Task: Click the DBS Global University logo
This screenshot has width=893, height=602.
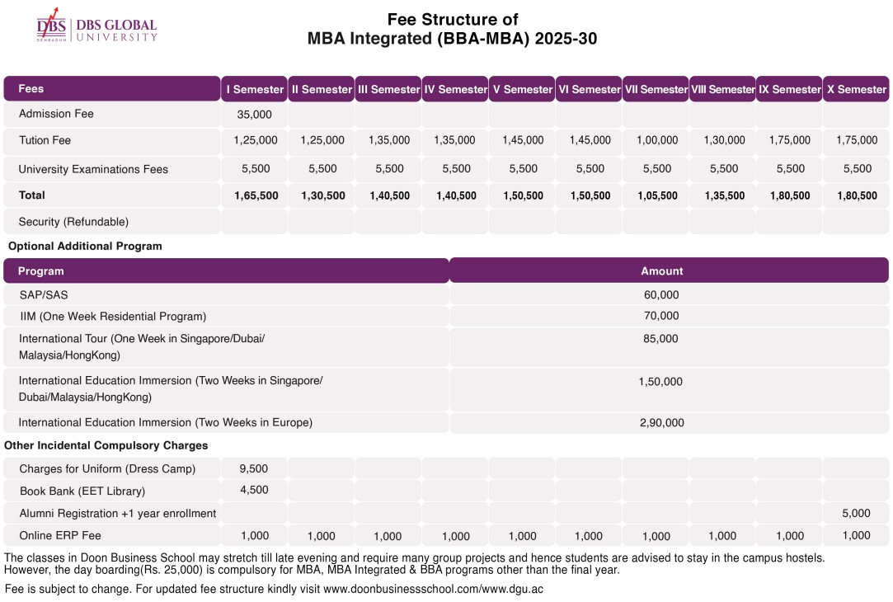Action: coord(96,28)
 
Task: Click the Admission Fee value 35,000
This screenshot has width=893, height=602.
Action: coord(254,114)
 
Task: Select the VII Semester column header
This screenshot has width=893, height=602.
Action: coord(656,89)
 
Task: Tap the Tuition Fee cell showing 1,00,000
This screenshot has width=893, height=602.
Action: coord(656,140)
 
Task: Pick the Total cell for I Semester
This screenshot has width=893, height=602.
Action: coord(256,195)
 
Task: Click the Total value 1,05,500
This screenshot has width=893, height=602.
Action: coord(657,195)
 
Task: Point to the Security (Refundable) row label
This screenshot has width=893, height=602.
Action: coord(73,222)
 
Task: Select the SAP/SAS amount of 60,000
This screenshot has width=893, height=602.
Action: coord(661,294)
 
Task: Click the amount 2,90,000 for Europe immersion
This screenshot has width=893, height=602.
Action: coord(661,422)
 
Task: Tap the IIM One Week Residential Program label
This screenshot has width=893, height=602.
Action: coord(113,316)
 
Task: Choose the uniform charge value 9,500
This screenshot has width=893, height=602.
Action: coord(254,468)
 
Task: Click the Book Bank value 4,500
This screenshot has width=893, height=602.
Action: coord(254,490)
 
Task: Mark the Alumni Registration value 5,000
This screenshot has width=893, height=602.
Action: coord(856,513)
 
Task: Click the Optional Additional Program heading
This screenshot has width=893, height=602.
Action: coord(85,246)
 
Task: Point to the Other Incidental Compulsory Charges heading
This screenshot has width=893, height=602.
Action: coord(106,445)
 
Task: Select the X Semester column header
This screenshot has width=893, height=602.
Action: coord(856,89)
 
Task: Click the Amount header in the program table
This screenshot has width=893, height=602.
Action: coord(661,270)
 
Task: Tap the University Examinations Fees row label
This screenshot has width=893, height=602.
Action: coord(93,169)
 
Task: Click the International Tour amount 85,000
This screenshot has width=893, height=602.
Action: coord(660,338)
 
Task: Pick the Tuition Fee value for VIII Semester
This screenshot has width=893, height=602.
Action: coord(724,140)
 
